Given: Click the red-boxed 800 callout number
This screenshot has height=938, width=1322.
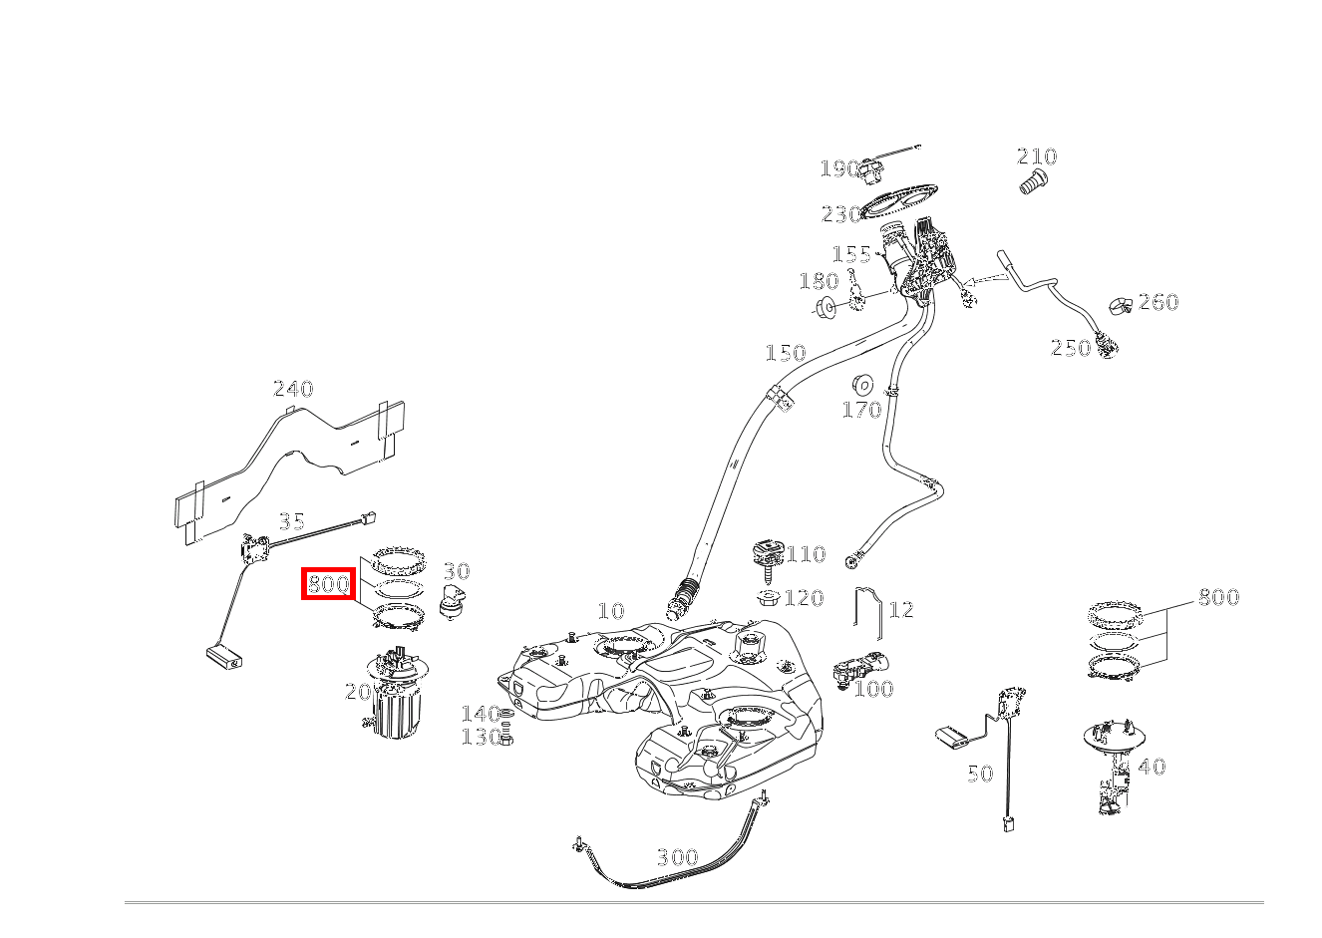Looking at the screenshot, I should pos(328,584).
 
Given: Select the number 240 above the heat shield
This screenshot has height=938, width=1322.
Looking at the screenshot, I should pos(293,389).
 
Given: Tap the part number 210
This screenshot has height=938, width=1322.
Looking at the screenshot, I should pos(1037,156).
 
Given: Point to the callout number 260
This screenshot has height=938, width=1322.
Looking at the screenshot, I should pos(1158,302).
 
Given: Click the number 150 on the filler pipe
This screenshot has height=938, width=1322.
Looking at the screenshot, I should pos(785,353).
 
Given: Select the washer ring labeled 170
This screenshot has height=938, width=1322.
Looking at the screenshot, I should pos(862,384).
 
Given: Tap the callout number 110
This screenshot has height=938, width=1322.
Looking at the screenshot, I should pos(807,554).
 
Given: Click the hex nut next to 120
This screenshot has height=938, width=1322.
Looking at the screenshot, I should pos(769,598).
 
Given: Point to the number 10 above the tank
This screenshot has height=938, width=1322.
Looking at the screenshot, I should pos(611,611).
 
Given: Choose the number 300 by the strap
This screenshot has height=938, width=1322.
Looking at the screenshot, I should pos(677,857).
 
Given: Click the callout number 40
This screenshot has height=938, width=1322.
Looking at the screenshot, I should pos(1152,768).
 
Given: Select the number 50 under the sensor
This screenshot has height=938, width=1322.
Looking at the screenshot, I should pos(980,775).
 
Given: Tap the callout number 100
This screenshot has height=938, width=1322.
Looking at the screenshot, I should pos(873,689).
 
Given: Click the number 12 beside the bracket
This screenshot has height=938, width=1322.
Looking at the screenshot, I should pos(900,609).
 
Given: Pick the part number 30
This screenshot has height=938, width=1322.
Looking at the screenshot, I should pos(456,571).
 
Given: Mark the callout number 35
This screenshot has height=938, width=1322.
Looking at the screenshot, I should pos(291,521).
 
